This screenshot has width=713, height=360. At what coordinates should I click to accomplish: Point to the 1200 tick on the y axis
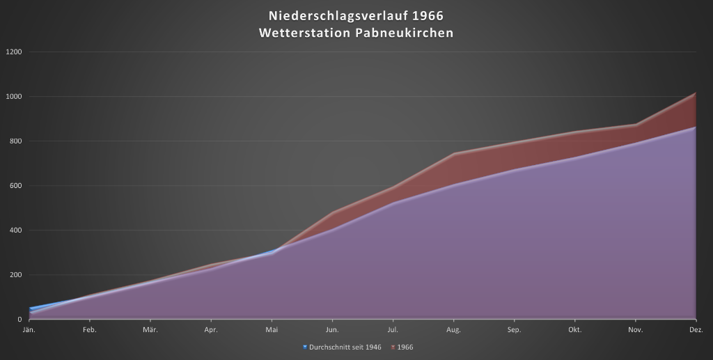[14, 52]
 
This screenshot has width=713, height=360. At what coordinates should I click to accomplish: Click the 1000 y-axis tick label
[14, 97]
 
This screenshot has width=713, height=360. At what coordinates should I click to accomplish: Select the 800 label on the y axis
[15, 141]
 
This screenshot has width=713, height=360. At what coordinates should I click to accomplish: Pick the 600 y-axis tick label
[15, 186]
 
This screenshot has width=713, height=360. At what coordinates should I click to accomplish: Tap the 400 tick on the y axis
[15, 230]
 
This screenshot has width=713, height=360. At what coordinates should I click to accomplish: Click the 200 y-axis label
[15, 275]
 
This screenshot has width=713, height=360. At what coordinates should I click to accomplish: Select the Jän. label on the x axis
[29, 329]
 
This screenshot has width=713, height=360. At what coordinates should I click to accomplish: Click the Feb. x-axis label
[89, 329]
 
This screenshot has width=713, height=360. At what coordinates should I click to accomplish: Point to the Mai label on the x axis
[271, 329]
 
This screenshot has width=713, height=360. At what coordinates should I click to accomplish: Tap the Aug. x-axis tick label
[453, 329]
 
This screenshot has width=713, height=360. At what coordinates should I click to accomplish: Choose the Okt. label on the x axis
[574, 329]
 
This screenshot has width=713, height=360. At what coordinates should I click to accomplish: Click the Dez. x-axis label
[696, 329]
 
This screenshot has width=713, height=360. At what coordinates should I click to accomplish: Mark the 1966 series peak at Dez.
[696, 93]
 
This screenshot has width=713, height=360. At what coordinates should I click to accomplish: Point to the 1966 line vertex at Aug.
[453, 153]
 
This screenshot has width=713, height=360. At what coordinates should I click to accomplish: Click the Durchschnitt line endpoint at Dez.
[696, 127]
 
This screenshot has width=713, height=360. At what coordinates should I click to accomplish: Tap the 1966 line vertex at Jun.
[332, 212]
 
